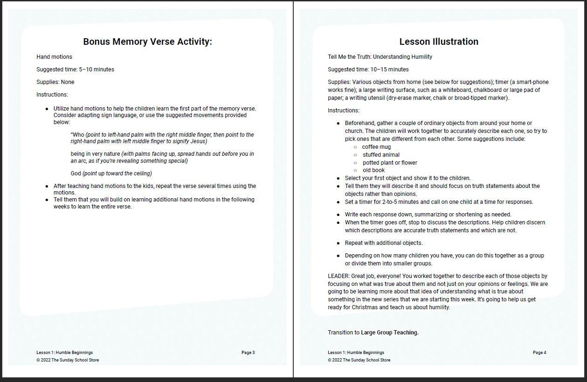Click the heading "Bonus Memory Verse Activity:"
click(x=147, y=42)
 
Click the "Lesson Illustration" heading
click(x=439, y=42)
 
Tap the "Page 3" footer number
click(x=248, y=353)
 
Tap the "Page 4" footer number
click(x=539, y=353)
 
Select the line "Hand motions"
click(x=54, y=57)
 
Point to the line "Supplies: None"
click(x=55, y=82)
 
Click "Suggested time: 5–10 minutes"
click(x=75, y=69)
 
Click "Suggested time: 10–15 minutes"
click(x=368, y=69)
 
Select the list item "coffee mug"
click(x=376, y=147)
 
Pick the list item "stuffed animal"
click(x=381, y=155)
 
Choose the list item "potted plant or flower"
click(x=390, y=163)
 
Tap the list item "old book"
click(x=373, y=171)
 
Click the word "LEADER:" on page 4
click(x=338, y=276)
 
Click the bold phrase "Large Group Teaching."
click(x=390, y=333)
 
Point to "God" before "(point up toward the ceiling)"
click(x=76, y=174)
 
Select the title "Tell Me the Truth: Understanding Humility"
click(x=380, y=57)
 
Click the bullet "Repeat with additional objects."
click(x=383, y=243)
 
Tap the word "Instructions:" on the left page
click(x=52, y=95)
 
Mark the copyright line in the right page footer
click(x=359, y=360)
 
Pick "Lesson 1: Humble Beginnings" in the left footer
click(x=64, y=353)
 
